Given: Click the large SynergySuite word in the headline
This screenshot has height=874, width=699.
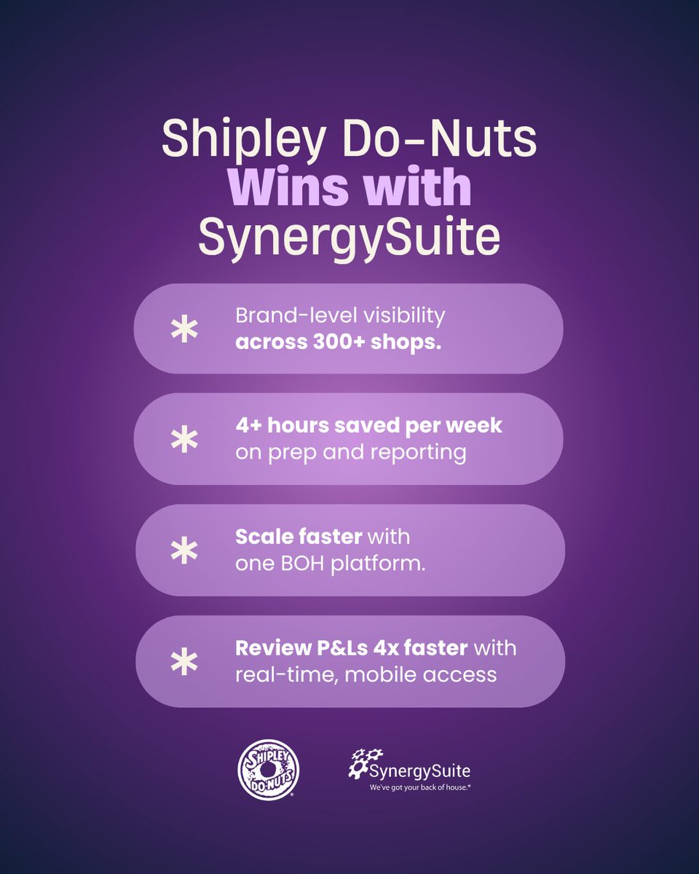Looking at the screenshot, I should point(349,237).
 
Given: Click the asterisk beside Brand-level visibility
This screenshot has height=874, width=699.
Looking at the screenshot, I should point(183,329).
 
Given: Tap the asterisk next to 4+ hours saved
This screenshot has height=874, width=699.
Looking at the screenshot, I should point(183,440).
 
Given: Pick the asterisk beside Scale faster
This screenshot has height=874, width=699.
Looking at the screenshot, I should point(183,551).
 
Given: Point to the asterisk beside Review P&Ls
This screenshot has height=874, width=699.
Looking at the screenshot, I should point(183,661).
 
